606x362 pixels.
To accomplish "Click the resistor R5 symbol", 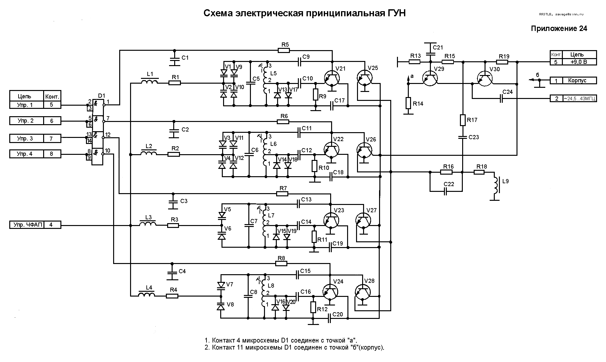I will point(284,50).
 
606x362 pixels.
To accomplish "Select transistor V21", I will point(332,79).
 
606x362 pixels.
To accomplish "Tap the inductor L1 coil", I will point(149,83).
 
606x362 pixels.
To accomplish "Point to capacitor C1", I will point(174,58).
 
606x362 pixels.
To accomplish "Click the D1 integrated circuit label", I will point(101,95).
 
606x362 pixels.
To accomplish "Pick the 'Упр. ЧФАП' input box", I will point(26,225).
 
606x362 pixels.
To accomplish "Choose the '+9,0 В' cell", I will point(579,62).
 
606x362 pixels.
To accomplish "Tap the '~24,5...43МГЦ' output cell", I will point(579,99).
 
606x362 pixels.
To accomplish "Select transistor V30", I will point(485,79).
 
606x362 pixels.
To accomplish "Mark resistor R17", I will point(462,120).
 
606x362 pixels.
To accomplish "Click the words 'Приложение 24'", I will point(559,28).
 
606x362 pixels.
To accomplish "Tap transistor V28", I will point(362,292).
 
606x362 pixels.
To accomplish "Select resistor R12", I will point(313,307).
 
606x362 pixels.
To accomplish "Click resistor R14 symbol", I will point(408,103).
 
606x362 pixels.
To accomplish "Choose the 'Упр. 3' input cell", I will point(26,139).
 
